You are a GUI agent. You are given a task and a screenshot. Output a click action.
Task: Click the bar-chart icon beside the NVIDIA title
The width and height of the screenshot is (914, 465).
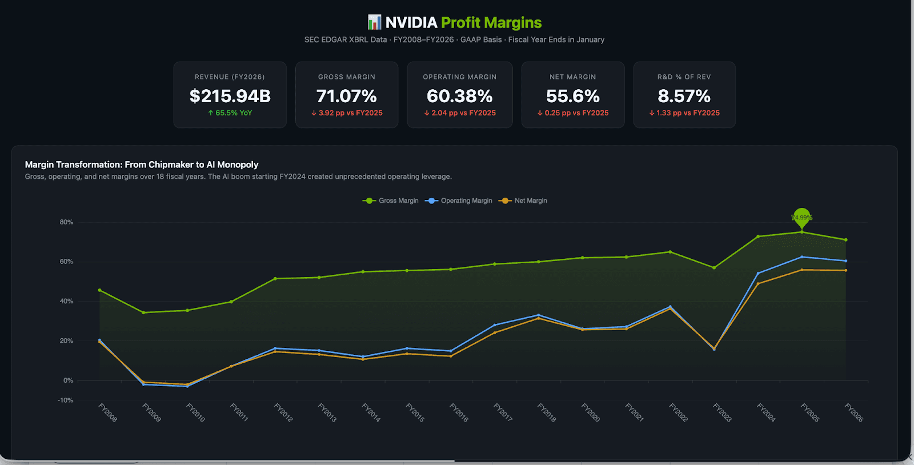click(x=374, y=22)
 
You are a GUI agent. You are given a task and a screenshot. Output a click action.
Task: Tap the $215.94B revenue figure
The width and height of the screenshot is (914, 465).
click(x=230, y=96)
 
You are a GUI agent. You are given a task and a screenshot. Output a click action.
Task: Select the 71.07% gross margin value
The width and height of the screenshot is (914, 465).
click(x=347, y=96)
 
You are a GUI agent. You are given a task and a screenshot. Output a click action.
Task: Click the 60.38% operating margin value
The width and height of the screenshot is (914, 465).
click(x=460, y=96)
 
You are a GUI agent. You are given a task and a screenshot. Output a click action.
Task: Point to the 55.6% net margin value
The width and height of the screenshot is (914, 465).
click(x=573, y=96)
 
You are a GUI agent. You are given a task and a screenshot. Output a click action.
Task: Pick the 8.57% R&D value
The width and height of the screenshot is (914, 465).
click(x=684, y=96)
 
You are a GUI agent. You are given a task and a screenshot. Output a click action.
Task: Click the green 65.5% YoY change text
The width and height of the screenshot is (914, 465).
click(x=230, y=113)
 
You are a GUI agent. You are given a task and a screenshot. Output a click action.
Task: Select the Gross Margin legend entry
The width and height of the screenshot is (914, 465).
click(x=391, y=201)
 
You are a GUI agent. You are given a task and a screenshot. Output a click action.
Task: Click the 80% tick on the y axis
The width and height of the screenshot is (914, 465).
click(x=66, y=222)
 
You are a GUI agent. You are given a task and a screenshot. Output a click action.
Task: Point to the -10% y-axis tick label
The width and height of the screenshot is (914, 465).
click(x=65, y=400)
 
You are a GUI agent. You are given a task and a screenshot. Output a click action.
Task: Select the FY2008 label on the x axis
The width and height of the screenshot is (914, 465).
click(x=107, y=412)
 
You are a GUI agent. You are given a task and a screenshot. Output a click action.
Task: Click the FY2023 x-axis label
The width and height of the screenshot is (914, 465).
click(x=722, y=412)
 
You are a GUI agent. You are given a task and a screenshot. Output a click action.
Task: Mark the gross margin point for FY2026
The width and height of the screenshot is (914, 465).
click(x=846, y=240)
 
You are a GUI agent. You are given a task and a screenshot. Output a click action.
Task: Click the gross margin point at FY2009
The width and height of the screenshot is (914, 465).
click(x=143, y=312)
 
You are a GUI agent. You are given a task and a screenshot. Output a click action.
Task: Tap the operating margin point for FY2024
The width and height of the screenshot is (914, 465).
click(x=758, y=274)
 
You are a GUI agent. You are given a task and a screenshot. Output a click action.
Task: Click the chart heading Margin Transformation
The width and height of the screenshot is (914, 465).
click(x=142, y=165)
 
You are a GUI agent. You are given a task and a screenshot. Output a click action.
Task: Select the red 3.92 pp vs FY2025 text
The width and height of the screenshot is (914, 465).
click(x=347, y=113)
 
